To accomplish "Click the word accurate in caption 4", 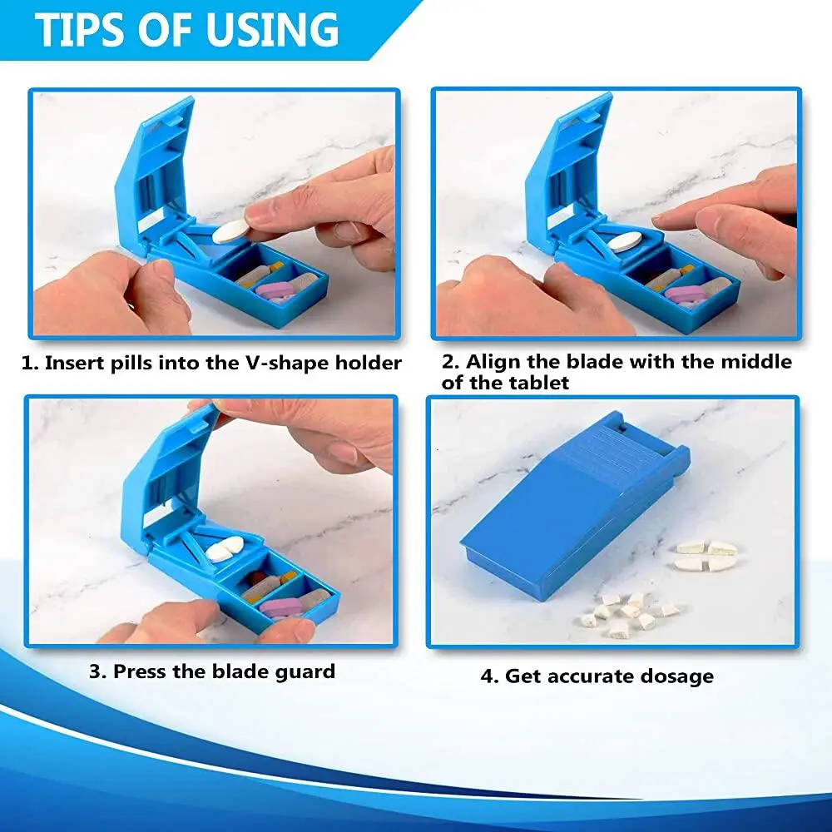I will coord(594,676).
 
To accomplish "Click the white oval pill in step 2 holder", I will coord(626,241).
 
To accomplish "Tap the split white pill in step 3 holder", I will coord(224,548).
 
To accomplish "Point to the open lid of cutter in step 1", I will coord(154,166).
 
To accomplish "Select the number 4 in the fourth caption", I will coord(487,676).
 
